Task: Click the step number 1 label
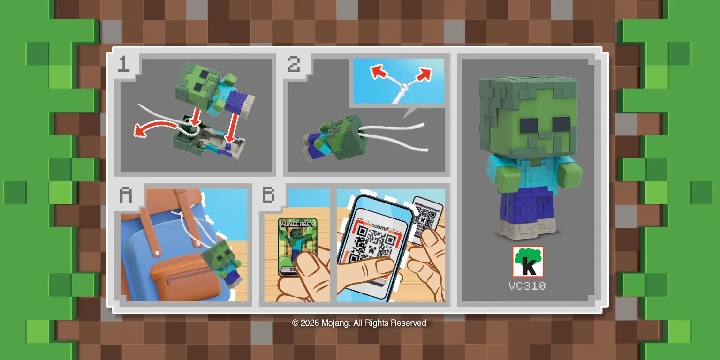coord(123,64)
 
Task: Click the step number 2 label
coord(294,64)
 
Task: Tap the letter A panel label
coord(125,195)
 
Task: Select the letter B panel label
coord(268,195)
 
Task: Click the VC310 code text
coord(527,285)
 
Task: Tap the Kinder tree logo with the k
coord(528,262)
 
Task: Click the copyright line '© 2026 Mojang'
coord(359,323)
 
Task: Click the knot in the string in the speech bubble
coord(400,87)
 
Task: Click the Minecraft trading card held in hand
coord(297,244)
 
